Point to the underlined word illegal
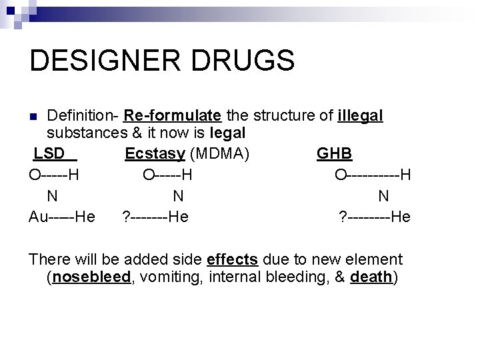tap(360, 116)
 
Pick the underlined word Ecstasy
tap(155, 154)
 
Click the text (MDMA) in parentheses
tap(220, 154)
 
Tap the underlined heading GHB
tap(335, 154)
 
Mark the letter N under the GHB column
tap(383, 196)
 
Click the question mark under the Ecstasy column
tap(126, 217)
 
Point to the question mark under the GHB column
tap(342, 217)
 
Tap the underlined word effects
tap(233, 259)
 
